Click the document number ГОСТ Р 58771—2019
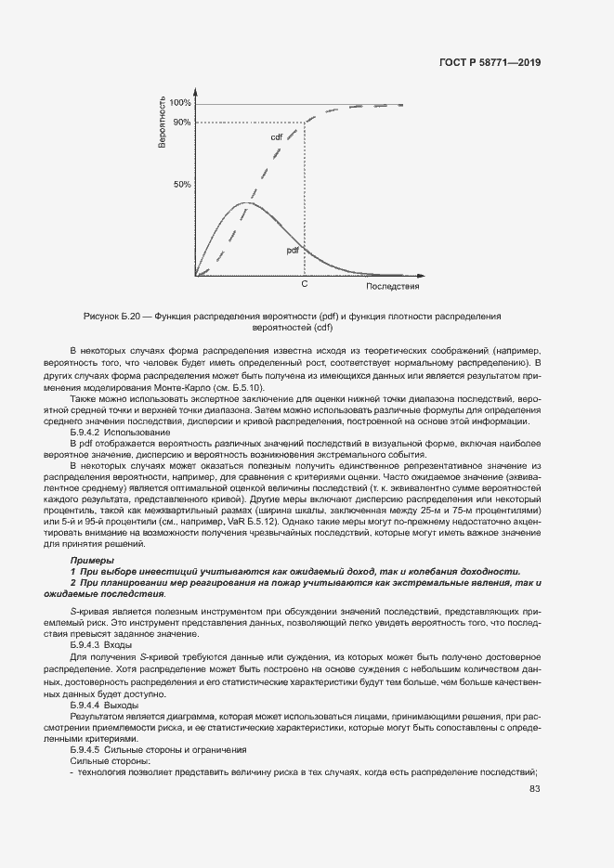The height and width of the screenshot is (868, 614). (490, 63)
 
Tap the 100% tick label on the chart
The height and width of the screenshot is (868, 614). (181, 103)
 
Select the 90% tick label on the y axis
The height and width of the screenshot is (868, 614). (182, 123)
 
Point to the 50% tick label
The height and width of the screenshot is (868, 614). (182, 185)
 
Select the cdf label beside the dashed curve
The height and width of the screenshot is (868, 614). (277, 137)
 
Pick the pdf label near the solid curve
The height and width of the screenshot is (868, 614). (292, 251)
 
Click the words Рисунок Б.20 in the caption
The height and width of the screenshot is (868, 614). (113, 317)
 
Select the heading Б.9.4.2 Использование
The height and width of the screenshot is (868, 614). (121, 432)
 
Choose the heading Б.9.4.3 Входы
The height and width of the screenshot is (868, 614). (101, 643)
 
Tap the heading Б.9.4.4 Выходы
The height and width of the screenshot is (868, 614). (104, 706)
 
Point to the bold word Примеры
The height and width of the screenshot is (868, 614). (93, 561)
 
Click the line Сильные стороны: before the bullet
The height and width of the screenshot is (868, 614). (104, 759)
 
